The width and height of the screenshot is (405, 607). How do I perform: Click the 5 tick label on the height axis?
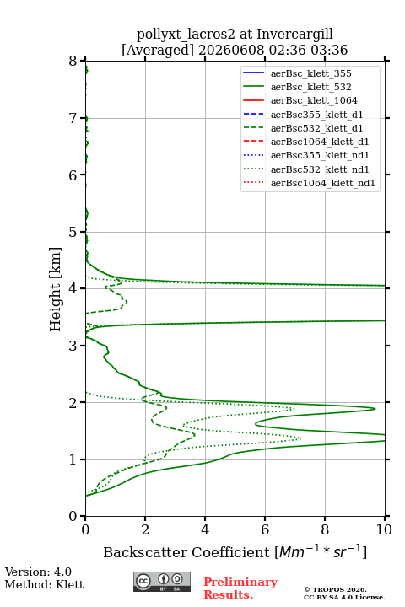tap(73, 232)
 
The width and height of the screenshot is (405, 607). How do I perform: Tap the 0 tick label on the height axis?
tap(73, 516)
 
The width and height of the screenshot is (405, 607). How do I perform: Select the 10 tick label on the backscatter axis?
tap(384, 529)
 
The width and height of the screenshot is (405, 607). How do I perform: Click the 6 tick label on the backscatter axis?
tap(265, 529)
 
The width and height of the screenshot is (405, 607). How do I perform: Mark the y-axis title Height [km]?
tap(55, 289)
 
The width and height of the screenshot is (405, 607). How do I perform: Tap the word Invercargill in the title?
tap(295, 34)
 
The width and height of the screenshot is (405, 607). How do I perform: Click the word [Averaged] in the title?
tap(157, 50)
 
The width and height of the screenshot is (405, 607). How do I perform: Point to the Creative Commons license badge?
tap(162, 582)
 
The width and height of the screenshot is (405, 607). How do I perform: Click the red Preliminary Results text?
tap(240, 588)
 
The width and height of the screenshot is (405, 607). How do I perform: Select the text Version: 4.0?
tap(38, 572)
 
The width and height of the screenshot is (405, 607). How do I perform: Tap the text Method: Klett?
tap(44, 584)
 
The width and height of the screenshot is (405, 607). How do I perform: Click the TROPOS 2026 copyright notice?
tap(336, 589)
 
